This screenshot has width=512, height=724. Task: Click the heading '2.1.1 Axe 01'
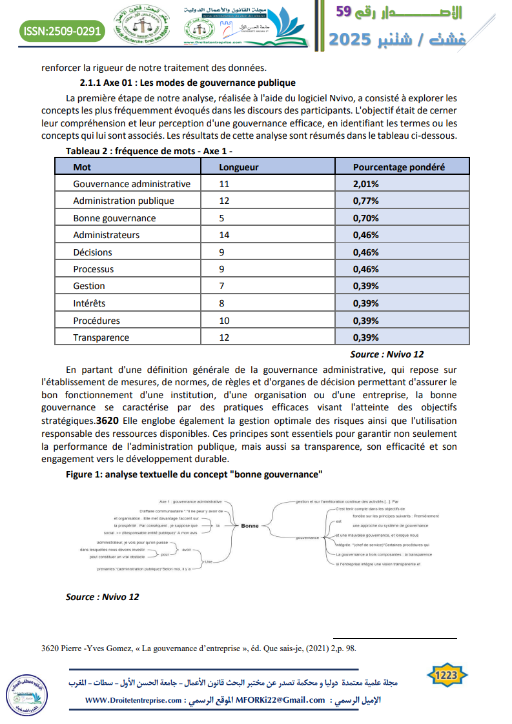[x=187, y=83]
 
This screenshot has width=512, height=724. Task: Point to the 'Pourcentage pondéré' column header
[x=398, y=167]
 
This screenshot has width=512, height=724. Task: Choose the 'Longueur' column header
[x=239, y=167]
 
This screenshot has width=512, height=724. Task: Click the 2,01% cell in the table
[x=365, y=184]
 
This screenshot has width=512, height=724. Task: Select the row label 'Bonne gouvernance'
[x=114, y=218]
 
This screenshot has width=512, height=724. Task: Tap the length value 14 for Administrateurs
[x=225, y=235]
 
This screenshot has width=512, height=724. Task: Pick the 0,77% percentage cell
[x=365, y=201]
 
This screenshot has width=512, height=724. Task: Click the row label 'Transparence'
[x=101, y=337]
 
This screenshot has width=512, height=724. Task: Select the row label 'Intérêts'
[x=89, y=303]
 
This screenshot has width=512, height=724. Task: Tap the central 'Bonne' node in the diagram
[x=249, y=526]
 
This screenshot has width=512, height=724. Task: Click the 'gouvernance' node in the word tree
[x=307, y=538]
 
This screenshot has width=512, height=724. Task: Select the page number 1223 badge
[x=447, y=676]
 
